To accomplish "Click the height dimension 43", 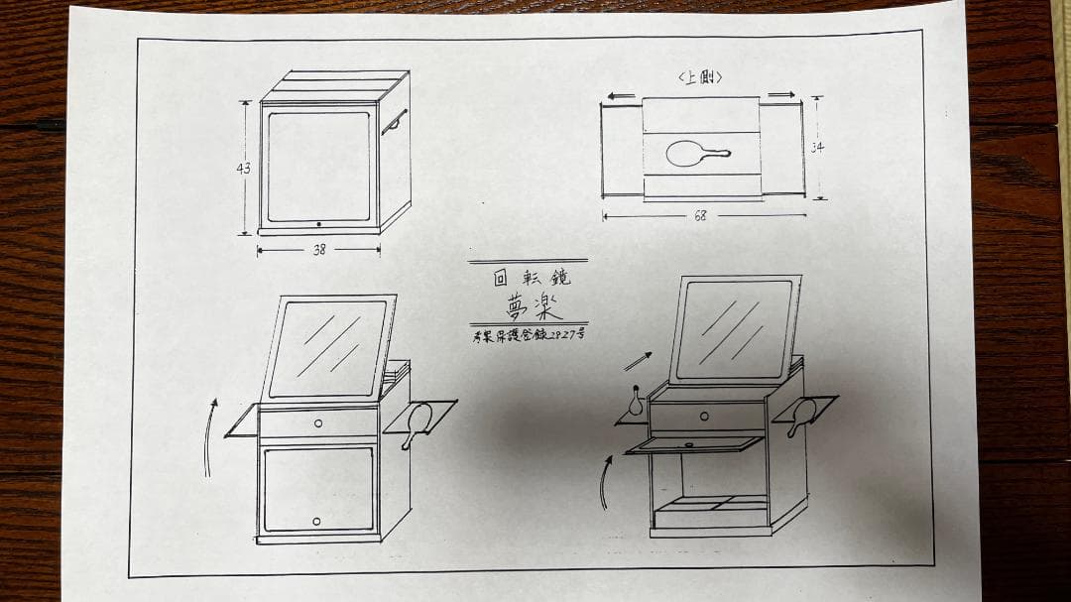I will [243, 169].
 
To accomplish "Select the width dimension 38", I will [319, 251].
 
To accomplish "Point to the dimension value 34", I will [816, 148].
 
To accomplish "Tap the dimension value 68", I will [700, 216].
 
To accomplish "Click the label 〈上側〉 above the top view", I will [699, 77].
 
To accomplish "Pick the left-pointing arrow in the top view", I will [621, 96].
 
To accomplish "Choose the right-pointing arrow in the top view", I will [781, 95].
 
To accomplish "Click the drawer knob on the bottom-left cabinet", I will [318, 423].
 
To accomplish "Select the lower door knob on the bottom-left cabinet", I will [317, 521].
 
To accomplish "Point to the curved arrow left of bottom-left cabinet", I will [209, 436].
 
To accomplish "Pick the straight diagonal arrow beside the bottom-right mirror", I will [640, 361].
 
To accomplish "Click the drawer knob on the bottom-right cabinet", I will [703, 417].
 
